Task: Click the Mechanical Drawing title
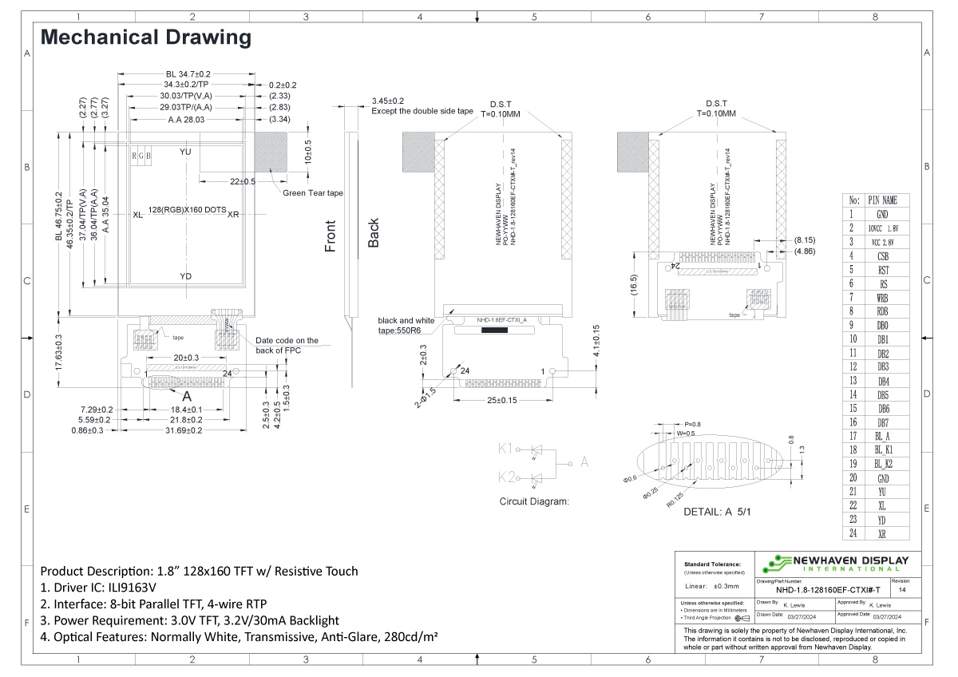click(145, 37)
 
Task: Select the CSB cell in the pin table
click(882, 256)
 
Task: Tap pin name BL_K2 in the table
click(882, 464)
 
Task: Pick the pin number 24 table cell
click(853, 533)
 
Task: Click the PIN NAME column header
click(882, 200)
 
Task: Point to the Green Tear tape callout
click(313, 193)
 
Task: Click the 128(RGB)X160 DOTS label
click(186, 210)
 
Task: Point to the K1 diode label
click(506, 449)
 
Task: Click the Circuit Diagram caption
click(534, 501)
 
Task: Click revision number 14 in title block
click(901, 591)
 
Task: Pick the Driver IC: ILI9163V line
click(115, 588)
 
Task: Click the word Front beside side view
click(331, 236)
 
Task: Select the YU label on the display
click(186, 152)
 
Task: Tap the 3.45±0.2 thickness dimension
click(388, 101)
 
